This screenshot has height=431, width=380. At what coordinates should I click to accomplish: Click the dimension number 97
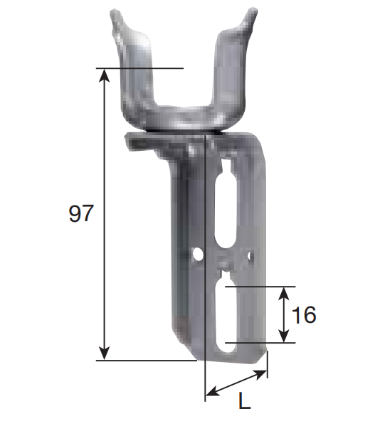80,213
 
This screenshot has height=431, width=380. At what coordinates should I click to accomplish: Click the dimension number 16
304,315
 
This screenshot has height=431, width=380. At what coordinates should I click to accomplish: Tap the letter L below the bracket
244,403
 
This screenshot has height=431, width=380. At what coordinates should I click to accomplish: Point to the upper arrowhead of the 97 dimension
105,74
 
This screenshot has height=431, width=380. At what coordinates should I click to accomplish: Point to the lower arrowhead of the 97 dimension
105,353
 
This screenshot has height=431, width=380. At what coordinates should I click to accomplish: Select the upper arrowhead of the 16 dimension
284,292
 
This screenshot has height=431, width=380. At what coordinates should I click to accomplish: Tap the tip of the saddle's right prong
249,11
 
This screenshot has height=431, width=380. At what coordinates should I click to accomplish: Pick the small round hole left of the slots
199,252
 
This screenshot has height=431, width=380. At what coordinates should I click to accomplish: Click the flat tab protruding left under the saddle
139,140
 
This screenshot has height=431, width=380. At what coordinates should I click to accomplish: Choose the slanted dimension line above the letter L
236,383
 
